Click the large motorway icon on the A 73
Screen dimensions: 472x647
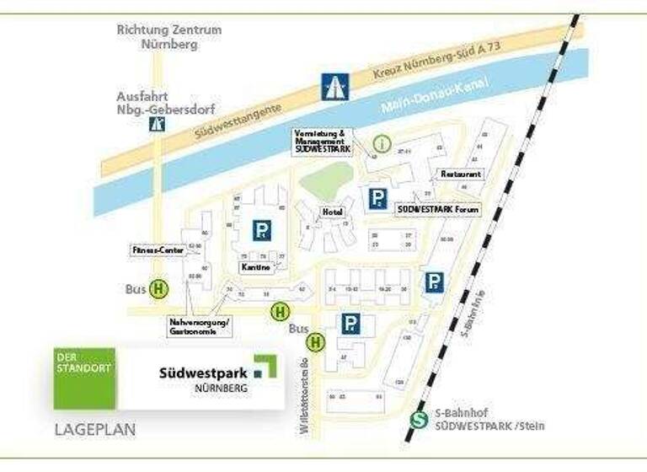(x=334, y=86)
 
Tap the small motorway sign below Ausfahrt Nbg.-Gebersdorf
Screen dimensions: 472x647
(x=157, y=125)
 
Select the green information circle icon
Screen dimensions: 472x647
(x=382, y=143)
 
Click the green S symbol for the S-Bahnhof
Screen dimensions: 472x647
(x=417, y=420)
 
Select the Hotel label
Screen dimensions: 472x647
(x=330, y=212)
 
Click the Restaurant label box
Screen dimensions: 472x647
(x=461, y=174)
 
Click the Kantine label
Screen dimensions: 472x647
(x=255, y=267)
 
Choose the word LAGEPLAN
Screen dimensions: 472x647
(x=94, y=430)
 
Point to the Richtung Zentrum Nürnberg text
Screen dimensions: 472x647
(x=169, y=37)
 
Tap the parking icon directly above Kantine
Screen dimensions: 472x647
(x=263, y=230)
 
